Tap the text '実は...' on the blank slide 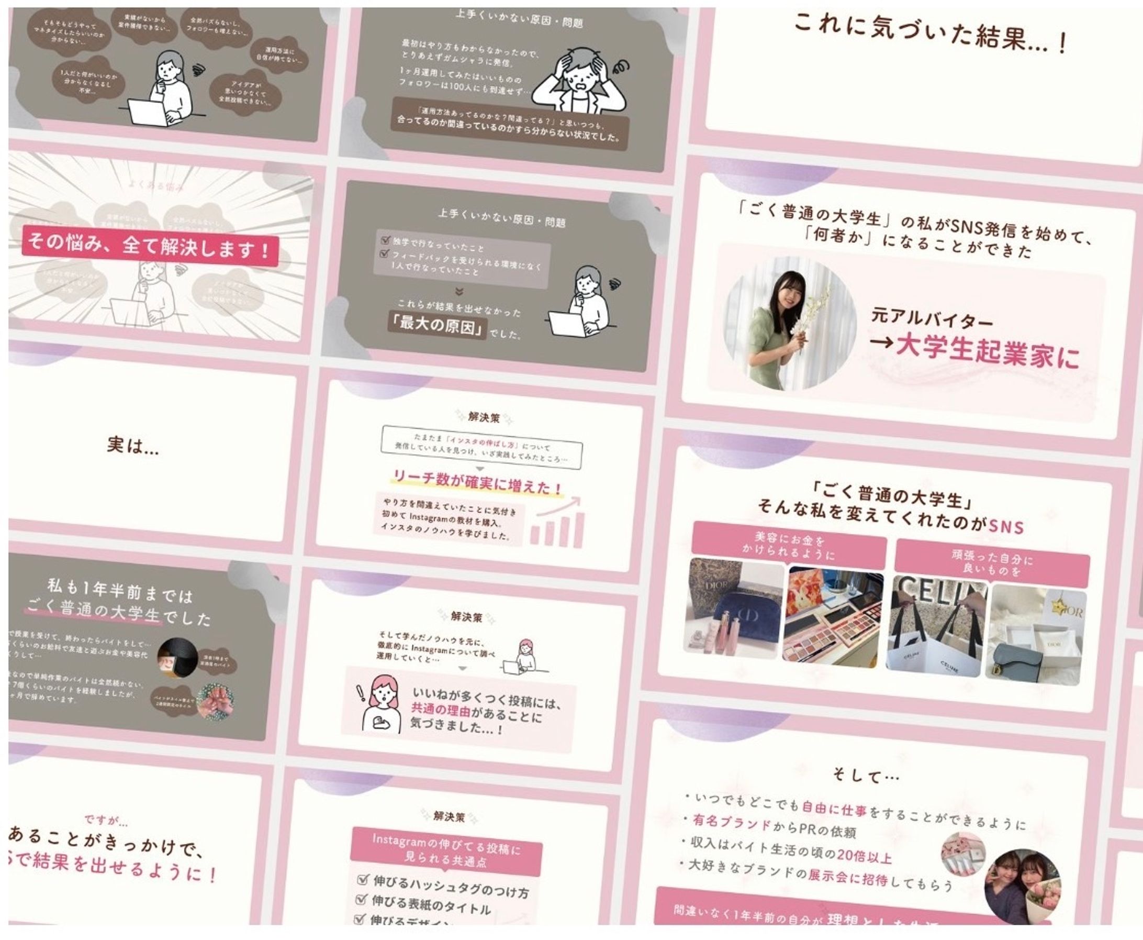point(132,446)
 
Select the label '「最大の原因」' point(438,326)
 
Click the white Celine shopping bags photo point(936,628)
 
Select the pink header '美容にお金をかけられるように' point(789,546)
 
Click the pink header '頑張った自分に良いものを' point(991,562)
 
